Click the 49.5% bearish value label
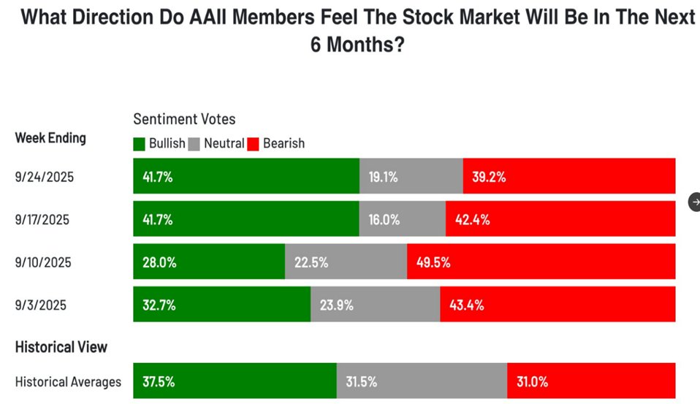(x=435, y=262)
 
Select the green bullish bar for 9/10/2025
(x=209, y=262)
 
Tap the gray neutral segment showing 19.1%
(x=411, y=176)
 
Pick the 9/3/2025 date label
(x=40, y=305)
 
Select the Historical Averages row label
(x=68, y=381)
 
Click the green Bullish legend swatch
(x=139, y=144)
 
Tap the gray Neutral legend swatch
(x=194, y=144)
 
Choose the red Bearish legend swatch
(x=253, y=144)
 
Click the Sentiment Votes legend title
(x=184, y=119)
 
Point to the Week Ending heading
(x=50, y=138)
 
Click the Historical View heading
(x=61, y=347)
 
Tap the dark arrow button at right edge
(x=695, y=202)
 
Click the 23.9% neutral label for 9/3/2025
(x=338, y=305)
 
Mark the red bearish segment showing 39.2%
(x=569, y=176)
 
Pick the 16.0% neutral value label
(x=385, y=219)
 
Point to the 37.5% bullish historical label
(x=159, y=381)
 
